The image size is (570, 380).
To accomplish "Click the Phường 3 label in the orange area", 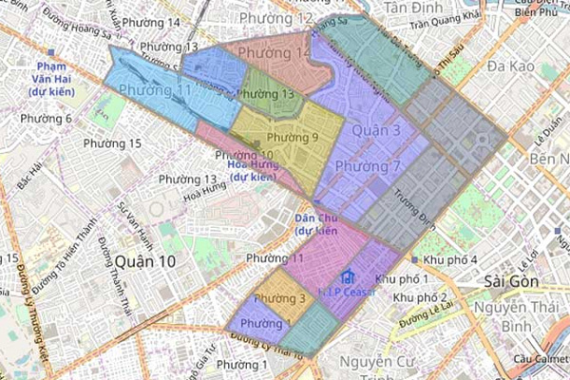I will coord(285,300).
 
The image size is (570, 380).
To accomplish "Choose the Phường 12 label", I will coord(276,19).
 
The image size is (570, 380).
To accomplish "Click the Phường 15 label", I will coord(112,143).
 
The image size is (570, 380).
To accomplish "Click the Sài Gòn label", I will coord(511,282).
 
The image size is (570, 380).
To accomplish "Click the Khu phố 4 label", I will coord(450,259).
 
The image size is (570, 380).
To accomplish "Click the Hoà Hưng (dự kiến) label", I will coord(252,169).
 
